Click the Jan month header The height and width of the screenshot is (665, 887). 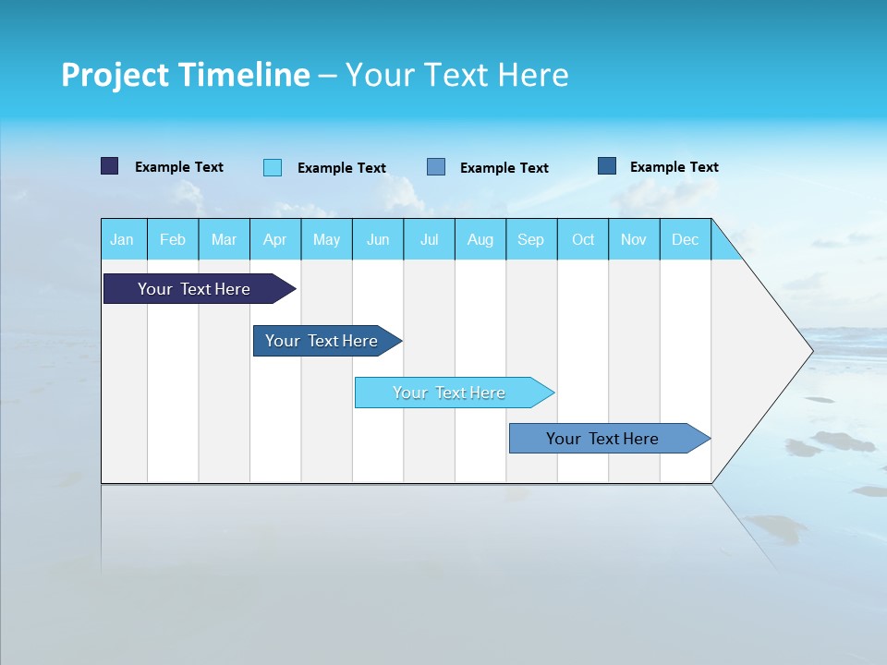[122, 239]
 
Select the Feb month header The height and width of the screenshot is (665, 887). [173, 239]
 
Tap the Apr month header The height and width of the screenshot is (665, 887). [275, 239]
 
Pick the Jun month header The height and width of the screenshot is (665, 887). [378, 239]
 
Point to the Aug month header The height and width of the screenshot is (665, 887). [480, 239]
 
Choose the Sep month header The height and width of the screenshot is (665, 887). [531, 239]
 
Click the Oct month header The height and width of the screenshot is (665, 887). [583, 239]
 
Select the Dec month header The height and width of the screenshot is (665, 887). [686, 239]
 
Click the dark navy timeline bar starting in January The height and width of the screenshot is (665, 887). [194, 289]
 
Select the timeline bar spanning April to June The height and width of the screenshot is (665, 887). [322, 341]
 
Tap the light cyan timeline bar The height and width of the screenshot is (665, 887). [449, 393]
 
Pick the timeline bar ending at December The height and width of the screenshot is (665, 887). [602, 439]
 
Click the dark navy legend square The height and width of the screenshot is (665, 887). [110, 166]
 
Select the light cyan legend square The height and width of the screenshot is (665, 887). [273, 167]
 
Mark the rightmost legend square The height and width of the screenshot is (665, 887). [607, 166]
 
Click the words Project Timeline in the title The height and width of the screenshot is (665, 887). [186, 75]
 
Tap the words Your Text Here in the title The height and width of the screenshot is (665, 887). [457, 75]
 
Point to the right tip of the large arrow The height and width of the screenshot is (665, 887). [810, 351]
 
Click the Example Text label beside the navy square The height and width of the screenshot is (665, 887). [179, 167]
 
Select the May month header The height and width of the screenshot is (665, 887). [326, 239]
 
